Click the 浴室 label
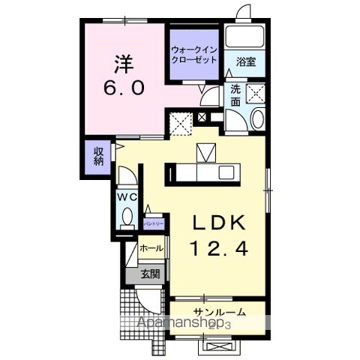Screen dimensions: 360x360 (x=246, y=61)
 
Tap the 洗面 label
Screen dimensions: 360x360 (x=235, y=95)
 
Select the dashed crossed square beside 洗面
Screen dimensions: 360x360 (x=259, y=93)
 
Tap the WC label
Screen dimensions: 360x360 (x=125, y=196)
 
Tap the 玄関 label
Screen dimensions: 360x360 (x=150, y=274)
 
